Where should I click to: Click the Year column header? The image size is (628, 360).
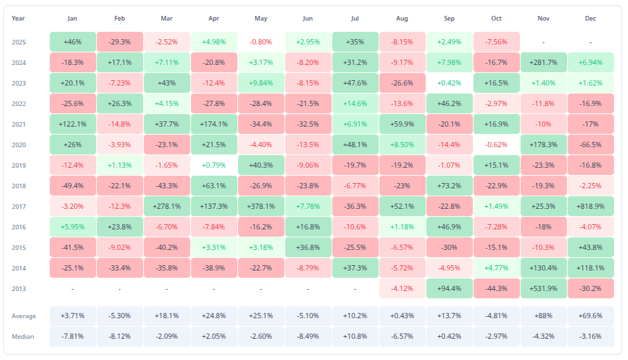tap(19, 19)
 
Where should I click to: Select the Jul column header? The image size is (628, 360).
tap(355, 19)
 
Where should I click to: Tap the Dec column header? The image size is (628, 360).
tap(591, 19)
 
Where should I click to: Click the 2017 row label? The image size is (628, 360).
tap(20, 206)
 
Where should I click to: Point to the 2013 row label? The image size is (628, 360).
tap(20, 288)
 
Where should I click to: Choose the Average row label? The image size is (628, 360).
tap(23, 316)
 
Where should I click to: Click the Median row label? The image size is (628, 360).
tap(23, 337)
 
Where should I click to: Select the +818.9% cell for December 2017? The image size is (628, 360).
tap(591, 206)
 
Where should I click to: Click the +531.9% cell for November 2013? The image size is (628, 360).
tap(544, 288)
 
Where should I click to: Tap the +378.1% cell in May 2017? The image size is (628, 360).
tap(261, 206)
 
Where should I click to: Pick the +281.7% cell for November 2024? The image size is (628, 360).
tap(544, 62)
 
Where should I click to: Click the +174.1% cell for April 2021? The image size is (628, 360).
tap(214, 124)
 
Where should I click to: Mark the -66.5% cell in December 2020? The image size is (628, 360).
tap(591, 145)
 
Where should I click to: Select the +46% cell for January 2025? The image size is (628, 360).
tap(73, 42)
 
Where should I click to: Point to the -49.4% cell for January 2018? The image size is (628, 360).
tap(73, 186)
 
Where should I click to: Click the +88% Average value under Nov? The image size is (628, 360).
tap(544, 316)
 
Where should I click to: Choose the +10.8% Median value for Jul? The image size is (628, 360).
tap(355, 337)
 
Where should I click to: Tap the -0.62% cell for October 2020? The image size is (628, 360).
tap(497, 145)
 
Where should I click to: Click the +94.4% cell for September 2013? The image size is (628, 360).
tap(450, 288)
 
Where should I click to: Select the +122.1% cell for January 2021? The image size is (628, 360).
tap(73, 124)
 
